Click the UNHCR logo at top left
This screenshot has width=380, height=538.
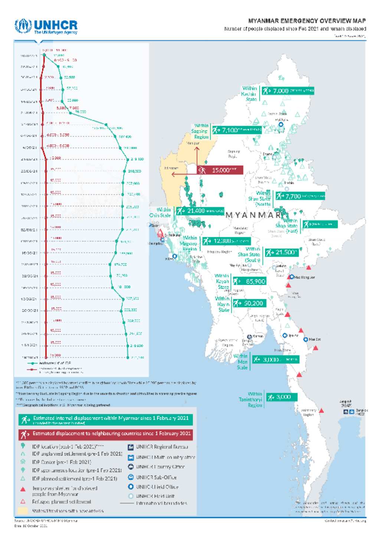pyautogui.click(x=46, y=26)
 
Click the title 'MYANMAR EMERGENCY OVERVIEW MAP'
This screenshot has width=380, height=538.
pyautogui.click(x=307, y=21)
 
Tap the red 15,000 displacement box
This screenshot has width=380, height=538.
pyautogui.click(x=220, y=170)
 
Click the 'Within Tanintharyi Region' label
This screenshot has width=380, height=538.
pyautogui.click(x=251, y=400)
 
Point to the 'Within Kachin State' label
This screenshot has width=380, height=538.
pyautogui.click(x=249, y=94)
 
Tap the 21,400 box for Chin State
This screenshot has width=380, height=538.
pyautogui.click(x=200, y=211)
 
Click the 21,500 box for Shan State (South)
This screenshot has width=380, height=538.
pyautogui.click(x=282, y=252)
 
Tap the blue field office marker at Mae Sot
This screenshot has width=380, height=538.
pyautogui.click(x=306, y=339)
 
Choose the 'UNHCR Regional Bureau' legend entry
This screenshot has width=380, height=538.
pyautogui.click(x=162, y=447)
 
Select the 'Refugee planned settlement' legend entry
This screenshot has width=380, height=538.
pyautogui.click(x=61, y=502)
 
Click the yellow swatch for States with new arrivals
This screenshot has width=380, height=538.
pyautogui.click(x=23, y=511)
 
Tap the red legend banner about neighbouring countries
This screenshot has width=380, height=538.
pyautogui.click(x=106, y=434)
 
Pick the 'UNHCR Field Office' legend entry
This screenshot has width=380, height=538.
pyautogui.click(x=157, y=487)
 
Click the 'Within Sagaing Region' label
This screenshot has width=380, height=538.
pyautogui.click(x=201, y=131)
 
